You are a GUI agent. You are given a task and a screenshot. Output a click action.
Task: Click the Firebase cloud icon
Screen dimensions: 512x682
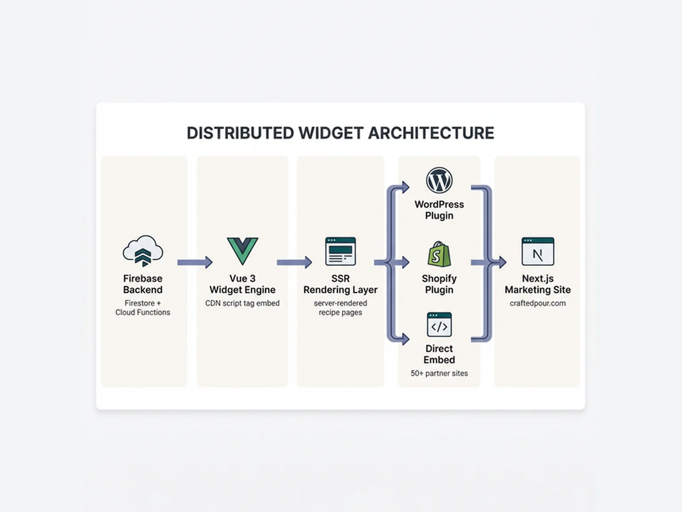click(x=143, y=251)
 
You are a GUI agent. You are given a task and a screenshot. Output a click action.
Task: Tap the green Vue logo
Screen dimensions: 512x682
click(x=242, y=251)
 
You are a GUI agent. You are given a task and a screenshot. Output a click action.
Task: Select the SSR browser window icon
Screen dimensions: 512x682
click(x=340, y=251)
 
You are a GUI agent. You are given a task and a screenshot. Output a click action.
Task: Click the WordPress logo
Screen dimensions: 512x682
click(x=439, y=180)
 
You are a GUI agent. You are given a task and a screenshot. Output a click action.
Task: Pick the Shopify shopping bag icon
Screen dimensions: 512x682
click(x=439, y=254)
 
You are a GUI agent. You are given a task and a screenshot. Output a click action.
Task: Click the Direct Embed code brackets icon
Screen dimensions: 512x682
click(x=439, y=325)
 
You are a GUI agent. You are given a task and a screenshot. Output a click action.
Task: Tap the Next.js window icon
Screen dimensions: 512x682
click(x=538, y=251)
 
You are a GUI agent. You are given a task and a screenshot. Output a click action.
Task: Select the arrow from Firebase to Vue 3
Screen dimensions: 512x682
click(x=195, y=262)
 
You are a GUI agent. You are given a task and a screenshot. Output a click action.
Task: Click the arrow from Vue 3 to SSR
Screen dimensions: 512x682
click(x=294, y=262)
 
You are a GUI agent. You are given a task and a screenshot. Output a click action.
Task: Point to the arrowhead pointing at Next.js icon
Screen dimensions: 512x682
click(x=502, y=262)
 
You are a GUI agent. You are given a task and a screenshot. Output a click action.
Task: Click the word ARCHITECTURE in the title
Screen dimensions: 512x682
click(x=431, y=133)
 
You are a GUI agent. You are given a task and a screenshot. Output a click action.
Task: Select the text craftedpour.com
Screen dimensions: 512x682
click(x=538, y=303)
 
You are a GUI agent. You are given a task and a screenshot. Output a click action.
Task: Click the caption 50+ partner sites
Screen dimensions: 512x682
click(x=439, y=373)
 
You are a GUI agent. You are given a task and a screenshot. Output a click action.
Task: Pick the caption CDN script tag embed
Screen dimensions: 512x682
click(x=242, y=303)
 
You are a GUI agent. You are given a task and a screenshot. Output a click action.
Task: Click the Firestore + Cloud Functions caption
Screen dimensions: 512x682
click(x=143, y=308)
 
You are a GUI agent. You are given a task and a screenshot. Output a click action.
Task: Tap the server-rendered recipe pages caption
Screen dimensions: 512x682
click(x=340, y=308)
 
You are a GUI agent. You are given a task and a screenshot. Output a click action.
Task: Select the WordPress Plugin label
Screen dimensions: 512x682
click(x=439, y=210)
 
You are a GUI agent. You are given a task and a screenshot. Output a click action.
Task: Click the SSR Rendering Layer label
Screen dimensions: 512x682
click(x=340, y=284)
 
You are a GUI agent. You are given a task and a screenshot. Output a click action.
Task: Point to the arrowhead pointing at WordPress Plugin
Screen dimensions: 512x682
click(x=405, y=187)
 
